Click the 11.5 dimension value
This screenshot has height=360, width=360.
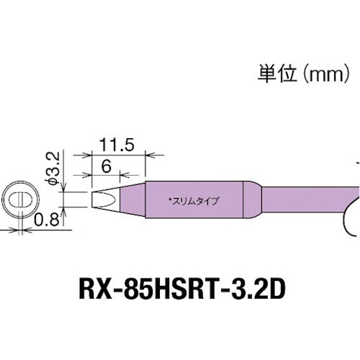click(x=119, y=145)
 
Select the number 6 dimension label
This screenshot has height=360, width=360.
click(x=105, y=165)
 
